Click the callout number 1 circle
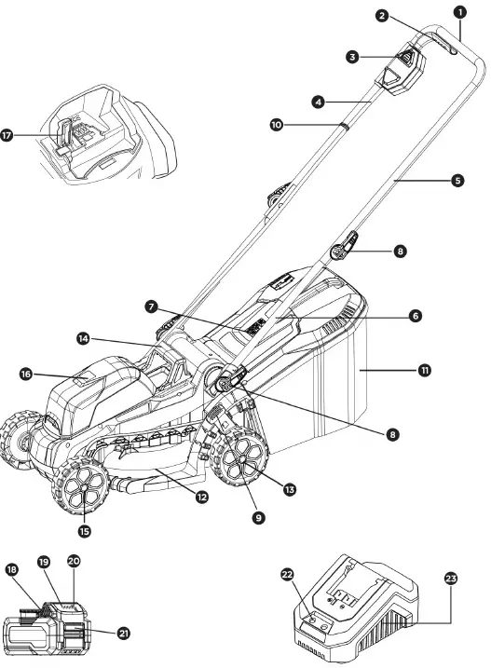pyautogui.click(x=459, y=11)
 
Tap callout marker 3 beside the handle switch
pyautogui.click(x=352, y=57)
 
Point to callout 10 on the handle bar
pyautogui.click(x=276, y=123)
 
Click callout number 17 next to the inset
pyautogui.click(x=7, y=135)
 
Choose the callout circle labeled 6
pyautogui.click(x=416, y=316)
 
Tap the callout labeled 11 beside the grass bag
pyautogui.click(x=425, y=370)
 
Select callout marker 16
pyautogui.click(x=27, y=374)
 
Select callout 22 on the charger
pyautogui.click(x=287, y=575)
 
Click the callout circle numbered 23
pyautogui.click(x=451, y=579)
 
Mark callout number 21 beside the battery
pyautogui.click(x=124, y=632)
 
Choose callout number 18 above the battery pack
pyautogui.click(x=12, y=568)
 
